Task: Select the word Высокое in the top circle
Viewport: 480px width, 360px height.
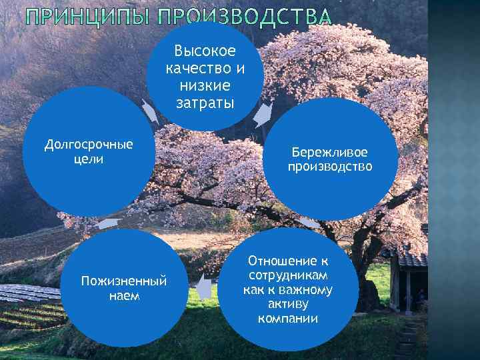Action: [205, 51]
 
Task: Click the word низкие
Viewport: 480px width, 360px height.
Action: [205, 85]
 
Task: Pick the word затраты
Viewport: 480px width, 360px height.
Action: [205, 103]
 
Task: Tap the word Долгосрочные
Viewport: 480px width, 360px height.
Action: [89, 145]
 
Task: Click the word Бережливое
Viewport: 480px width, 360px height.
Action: [329, 152]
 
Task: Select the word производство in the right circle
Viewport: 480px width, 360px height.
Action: [329, 167]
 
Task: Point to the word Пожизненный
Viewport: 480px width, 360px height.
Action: [123, 281]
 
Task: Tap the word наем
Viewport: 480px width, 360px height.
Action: [123, 295]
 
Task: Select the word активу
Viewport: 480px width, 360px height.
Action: [288, 304]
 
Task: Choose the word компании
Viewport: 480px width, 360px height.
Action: [288, 319]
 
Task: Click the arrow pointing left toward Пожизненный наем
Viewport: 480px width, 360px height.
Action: [205, 288]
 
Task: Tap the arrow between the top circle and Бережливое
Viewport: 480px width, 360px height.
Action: [263, 115]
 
